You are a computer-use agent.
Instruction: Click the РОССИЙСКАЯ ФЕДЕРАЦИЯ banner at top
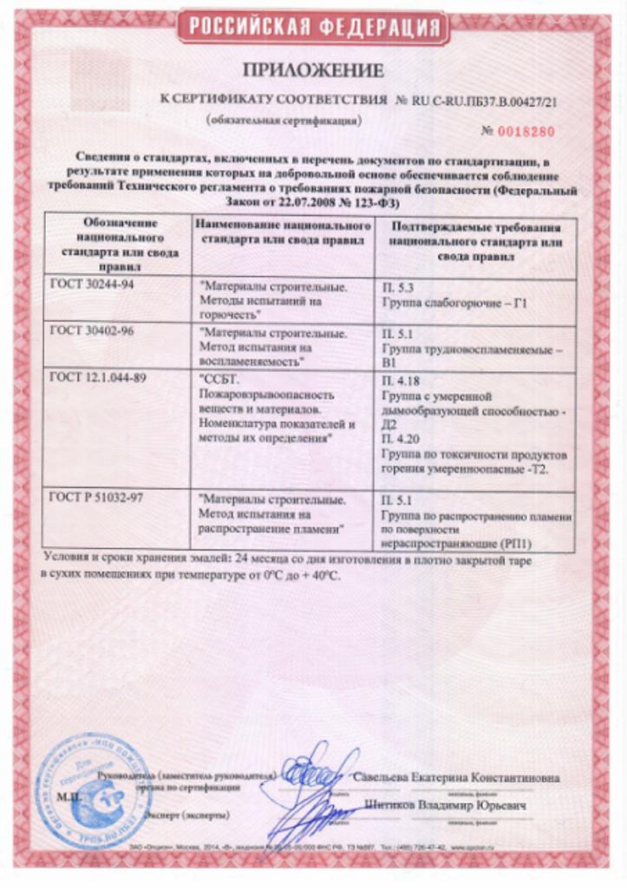[313, 27]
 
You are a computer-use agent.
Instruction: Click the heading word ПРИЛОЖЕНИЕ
[313, 70]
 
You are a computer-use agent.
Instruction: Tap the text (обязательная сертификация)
[283, 120]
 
